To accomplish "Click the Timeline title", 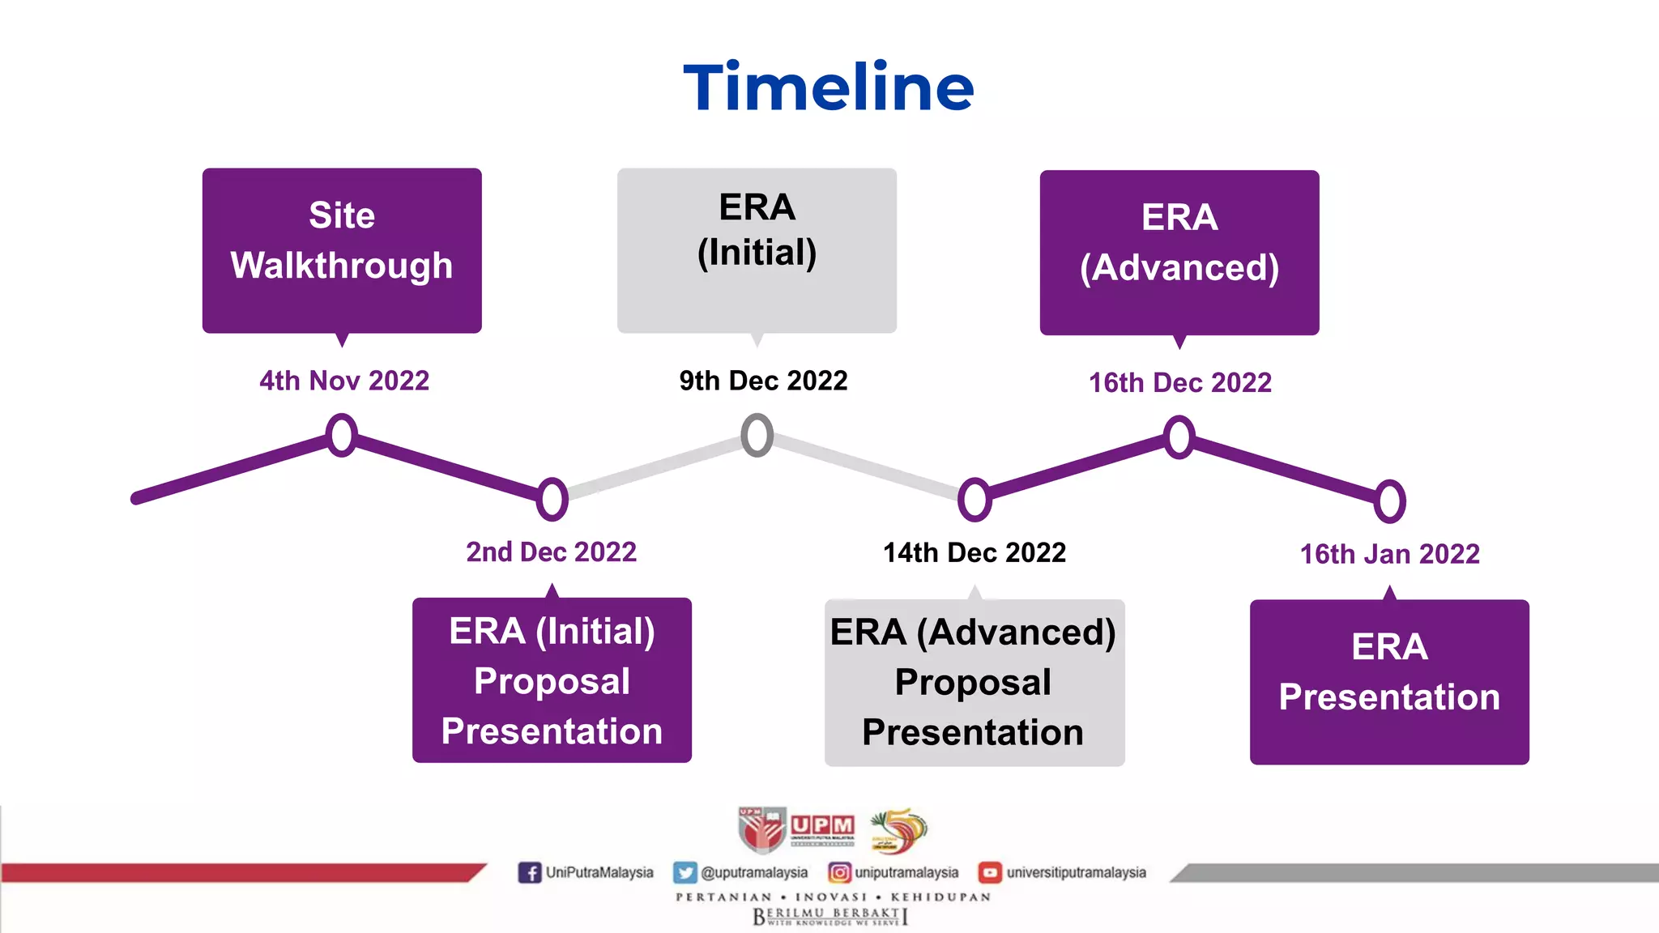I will click(828, 87).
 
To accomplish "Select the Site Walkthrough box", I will click(342, 249).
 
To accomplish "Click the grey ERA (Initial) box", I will click(757, 249).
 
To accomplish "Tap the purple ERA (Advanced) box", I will click(1179, 251).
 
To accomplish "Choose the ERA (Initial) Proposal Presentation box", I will click(552, 680).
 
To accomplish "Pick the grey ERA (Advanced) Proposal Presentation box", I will click(974, 682).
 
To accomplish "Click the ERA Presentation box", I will click(1389, 681).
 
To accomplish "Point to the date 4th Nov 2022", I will click(344, 381).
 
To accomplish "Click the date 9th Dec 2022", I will click(763, 381).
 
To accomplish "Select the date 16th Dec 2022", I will click(1179, 382).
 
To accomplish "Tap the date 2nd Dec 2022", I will click(551, 552).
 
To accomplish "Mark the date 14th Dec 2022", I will click(974, 552).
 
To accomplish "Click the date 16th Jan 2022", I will click(1389, 554).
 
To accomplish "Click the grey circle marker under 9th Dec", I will click(757, 435).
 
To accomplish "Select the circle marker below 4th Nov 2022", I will click(342, 435).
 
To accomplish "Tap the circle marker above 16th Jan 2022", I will click(1389, 501).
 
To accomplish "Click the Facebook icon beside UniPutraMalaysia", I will click(530, 872).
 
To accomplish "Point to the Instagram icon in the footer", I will click(839, 872).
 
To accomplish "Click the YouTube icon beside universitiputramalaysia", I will click(990, 872).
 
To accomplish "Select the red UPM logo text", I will click(822, 825).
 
